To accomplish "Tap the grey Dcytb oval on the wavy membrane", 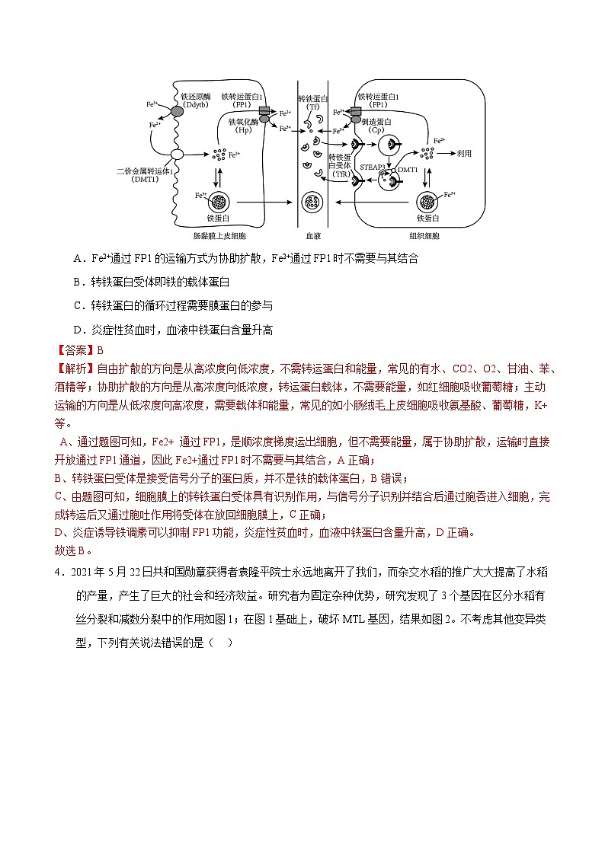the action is coord(177,112).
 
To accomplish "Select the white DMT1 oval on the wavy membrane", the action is coord(178,155).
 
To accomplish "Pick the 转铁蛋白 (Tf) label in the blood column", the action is coord(312,103).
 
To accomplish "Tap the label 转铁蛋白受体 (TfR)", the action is coord(338,164).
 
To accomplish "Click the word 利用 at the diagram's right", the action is coord(464,153).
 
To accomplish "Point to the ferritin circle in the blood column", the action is coord(312,203).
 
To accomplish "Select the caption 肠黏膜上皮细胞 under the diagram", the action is coord(215,237).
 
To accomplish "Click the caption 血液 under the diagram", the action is coord(312,237).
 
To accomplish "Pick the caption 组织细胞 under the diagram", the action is coord(424,237).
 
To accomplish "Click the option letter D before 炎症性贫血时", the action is coord(78,330).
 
